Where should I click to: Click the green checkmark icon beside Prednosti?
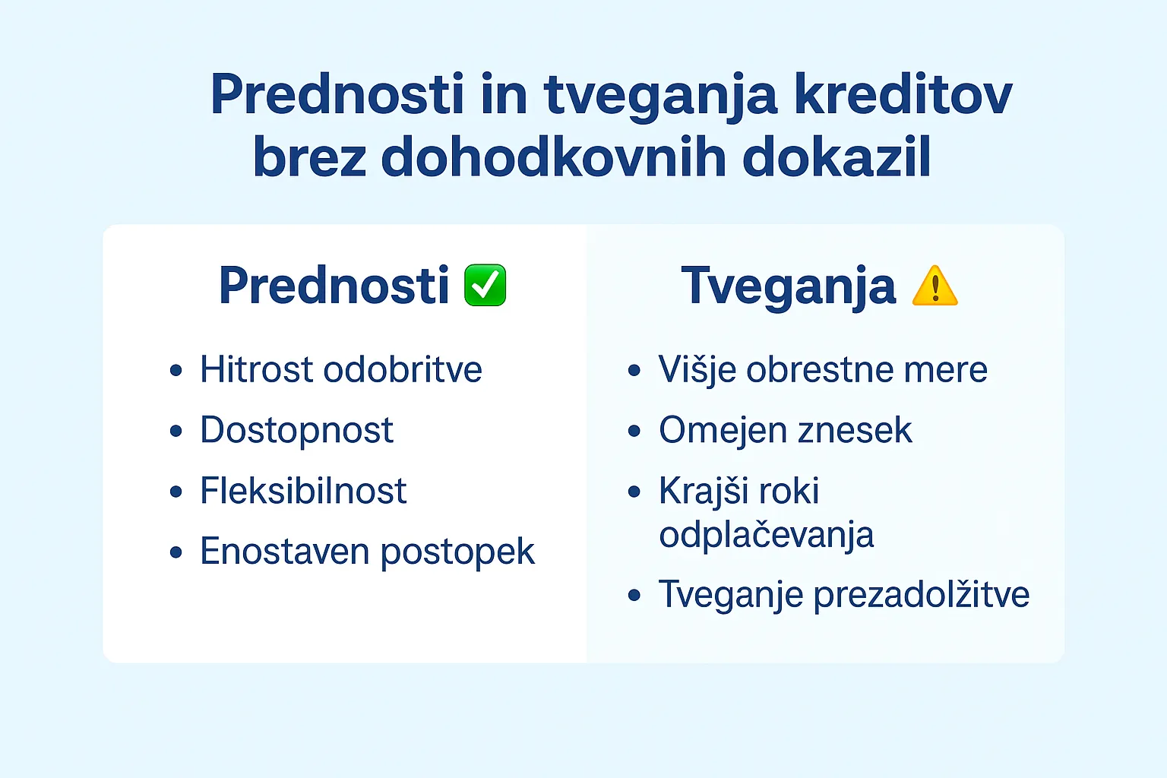pos(485,286)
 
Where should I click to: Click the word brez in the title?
pos(309,157)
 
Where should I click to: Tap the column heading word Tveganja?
pos(788,286)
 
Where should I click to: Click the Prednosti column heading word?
pos(334,286)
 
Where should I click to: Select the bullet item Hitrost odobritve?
pos(340,370)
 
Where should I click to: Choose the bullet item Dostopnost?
pos(296,431)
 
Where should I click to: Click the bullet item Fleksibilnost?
pos(303,491)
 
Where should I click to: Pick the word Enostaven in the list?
pos(284,552)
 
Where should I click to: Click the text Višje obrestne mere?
pos(823,370)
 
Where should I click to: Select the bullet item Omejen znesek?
pos(785,431)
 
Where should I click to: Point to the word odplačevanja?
pos(766,535)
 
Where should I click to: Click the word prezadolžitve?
pos(921,595)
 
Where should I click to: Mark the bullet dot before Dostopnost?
pos(176,432)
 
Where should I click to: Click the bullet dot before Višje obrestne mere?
pos(634,371)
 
